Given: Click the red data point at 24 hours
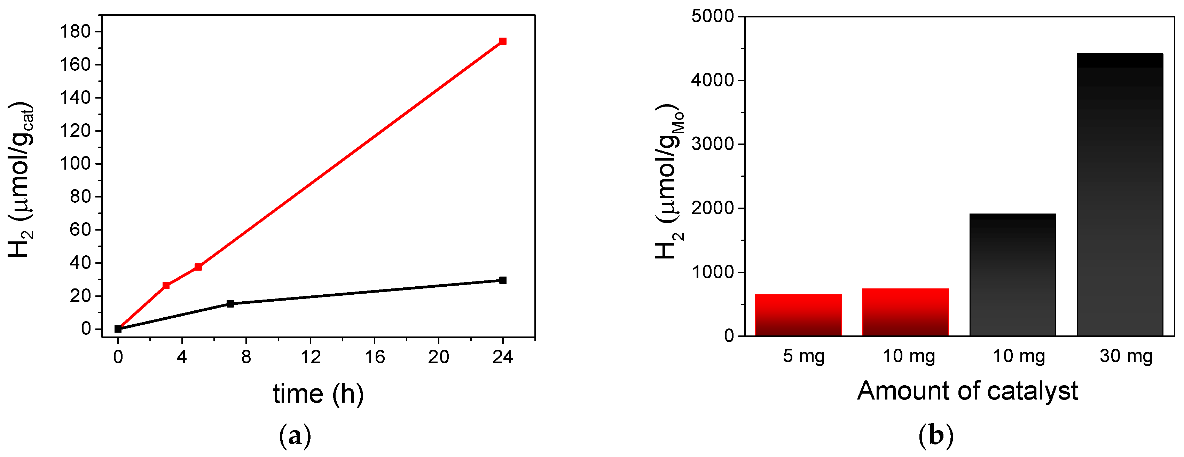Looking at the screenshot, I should [502, 41].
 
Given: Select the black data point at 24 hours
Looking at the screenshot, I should [502, 280].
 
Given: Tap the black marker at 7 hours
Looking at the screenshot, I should [230, 303].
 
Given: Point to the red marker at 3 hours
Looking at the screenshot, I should [166, 286].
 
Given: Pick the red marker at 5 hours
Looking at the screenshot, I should [198, 267].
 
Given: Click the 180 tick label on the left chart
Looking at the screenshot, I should [76, 31].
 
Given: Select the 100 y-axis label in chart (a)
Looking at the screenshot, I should [76, 163].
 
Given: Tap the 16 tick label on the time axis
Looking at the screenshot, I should [375, 357].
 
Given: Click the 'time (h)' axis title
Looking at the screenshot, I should [318, 394].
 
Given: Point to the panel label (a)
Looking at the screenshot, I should [295, 435].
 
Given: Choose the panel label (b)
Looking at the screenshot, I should [935, 435].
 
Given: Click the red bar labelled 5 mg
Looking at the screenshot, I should [798, 315].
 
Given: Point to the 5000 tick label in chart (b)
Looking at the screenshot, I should [712, 17].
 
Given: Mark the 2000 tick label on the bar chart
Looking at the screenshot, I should [712, 208].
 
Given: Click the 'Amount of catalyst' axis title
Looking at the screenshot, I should [967, 391].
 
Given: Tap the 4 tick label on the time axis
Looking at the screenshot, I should [182, 357].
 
